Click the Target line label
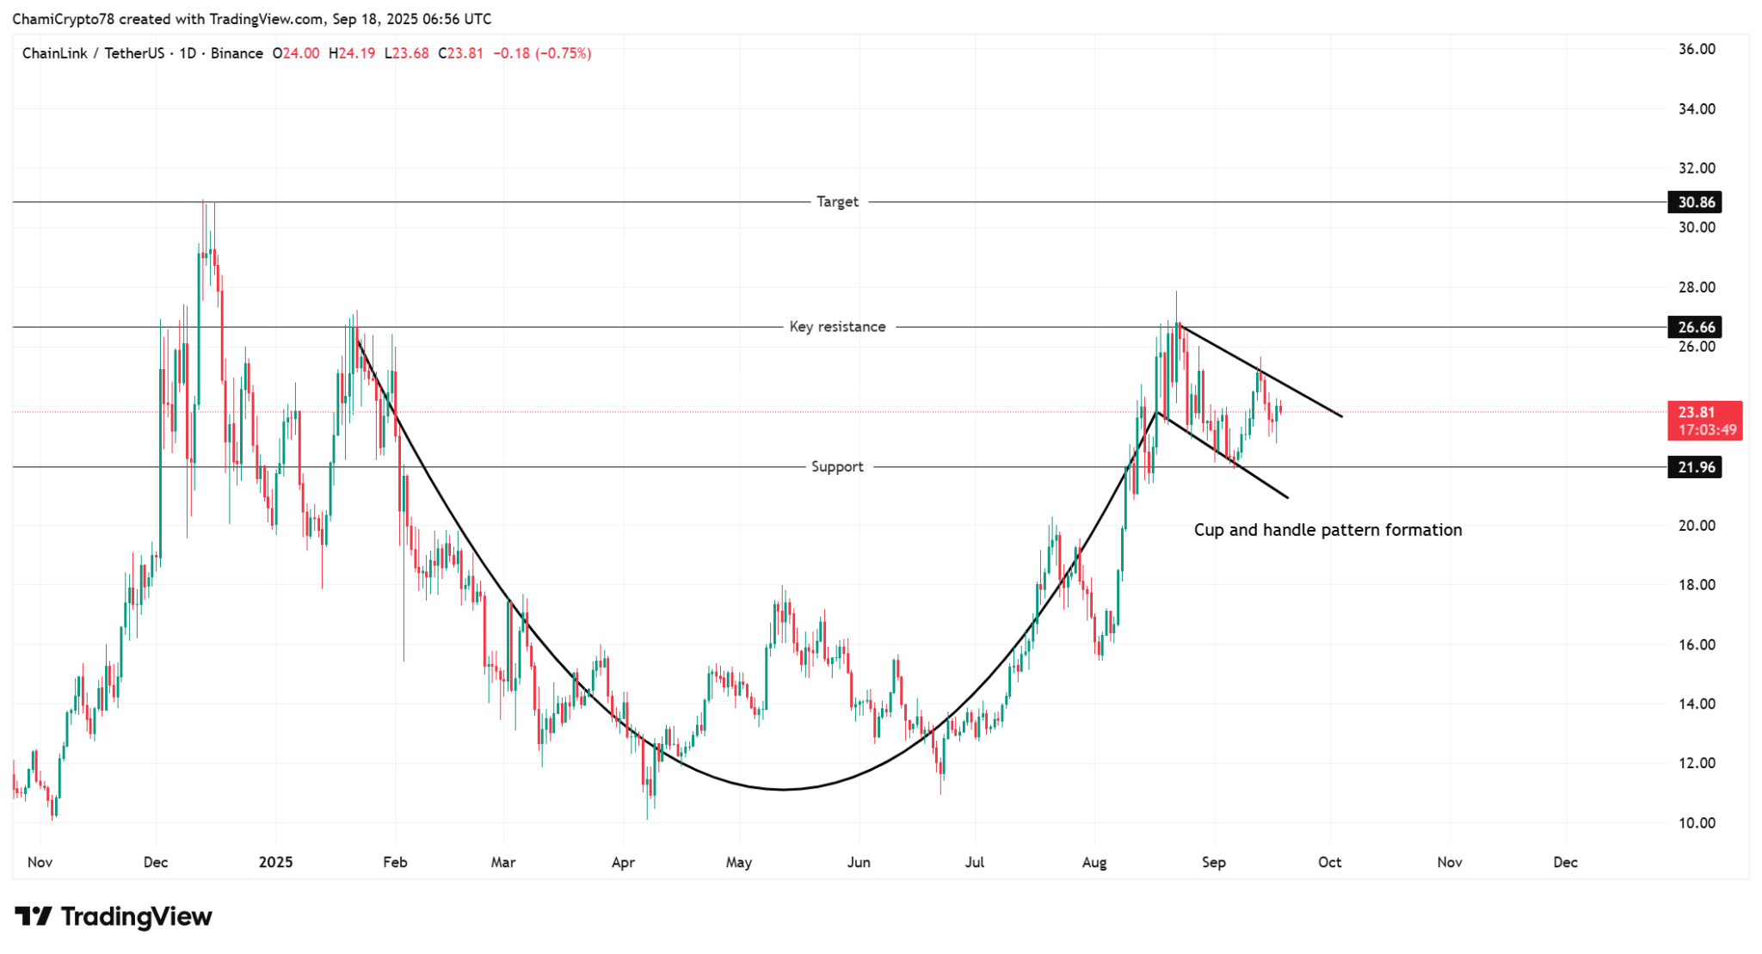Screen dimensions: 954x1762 coord(837,201)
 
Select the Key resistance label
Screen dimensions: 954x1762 coord(837,327)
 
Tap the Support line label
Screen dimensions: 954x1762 coord(837,467)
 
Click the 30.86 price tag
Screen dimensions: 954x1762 coord(1696,202)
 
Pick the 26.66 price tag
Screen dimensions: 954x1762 coord(1696,327)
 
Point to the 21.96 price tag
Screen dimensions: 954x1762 coord(1696,467)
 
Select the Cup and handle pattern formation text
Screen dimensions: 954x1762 coord(1328,530)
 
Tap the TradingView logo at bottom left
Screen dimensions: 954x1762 coord(114,917)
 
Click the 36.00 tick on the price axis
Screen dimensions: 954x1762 coord(1697,49)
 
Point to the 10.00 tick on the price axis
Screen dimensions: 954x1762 coord(1697,823)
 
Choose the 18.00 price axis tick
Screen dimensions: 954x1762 coord(1697,585)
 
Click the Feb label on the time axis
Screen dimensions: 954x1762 coord(395,862)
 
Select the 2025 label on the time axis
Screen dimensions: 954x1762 coord(275,862)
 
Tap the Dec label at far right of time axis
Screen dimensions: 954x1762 coord(1565,862)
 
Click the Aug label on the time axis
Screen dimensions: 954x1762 coord(1094,862)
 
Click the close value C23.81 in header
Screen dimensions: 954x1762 coord(460,53)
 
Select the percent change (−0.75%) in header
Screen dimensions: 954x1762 coord(564,53)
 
